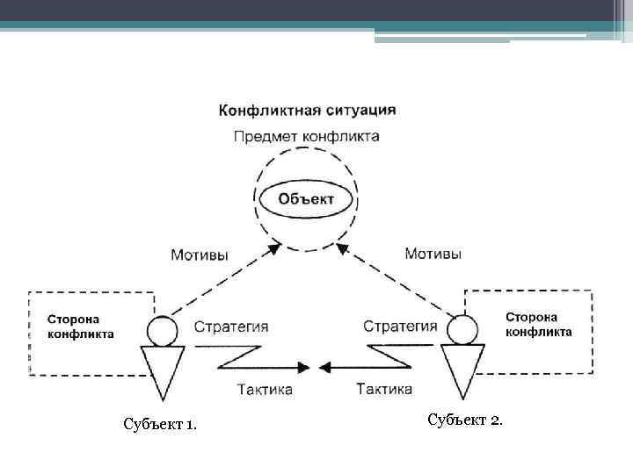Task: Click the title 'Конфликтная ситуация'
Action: click(307, 111)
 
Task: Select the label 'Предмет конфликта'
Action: click(307, 137)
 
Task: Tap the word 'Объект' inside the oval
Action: click(306, 198)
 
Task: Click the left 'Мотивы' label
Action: click(200, 255)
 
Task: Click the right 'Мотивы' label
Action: click(433, 254)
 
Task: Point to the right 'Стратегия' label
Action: click(400, 327)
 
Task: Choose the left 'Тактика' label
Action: click(265, 388)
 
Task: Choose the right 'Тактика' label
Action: click(384, 388)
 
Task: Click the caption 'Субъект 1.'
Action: click(161, 426)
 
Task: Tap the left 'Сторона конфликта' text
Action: click(80, 327)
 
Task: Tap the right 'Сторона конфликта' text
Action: click(538, 324)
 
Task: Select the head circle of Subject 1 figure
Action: click(162, 331)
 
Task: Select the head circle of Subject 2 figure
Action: click(462, 330)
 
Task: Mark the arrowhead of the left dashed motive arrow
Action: click(273, 249)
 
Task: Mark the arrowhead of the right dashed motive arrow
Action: click(343, 249)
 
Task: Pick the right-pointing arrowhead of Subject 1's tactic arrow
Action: click(306, 365)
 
